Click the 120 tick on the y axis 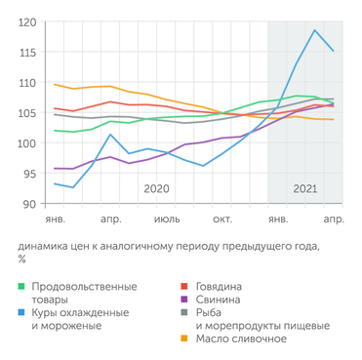coord(27,21)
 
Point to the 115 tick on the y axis coord(27,52)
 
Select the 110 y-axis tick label coord(27,83)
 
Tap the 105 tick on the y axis coord(27,113)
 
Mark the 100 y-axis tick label coord(27,143)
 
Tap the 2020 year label coord(156,188)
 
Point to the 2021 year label coord(304,188)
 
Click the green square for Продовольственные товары coord(21,287)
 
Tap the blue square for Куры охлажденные coord(21,312)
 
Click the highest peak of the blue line coord(315,30)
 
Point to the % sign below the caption coord(21,260)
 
